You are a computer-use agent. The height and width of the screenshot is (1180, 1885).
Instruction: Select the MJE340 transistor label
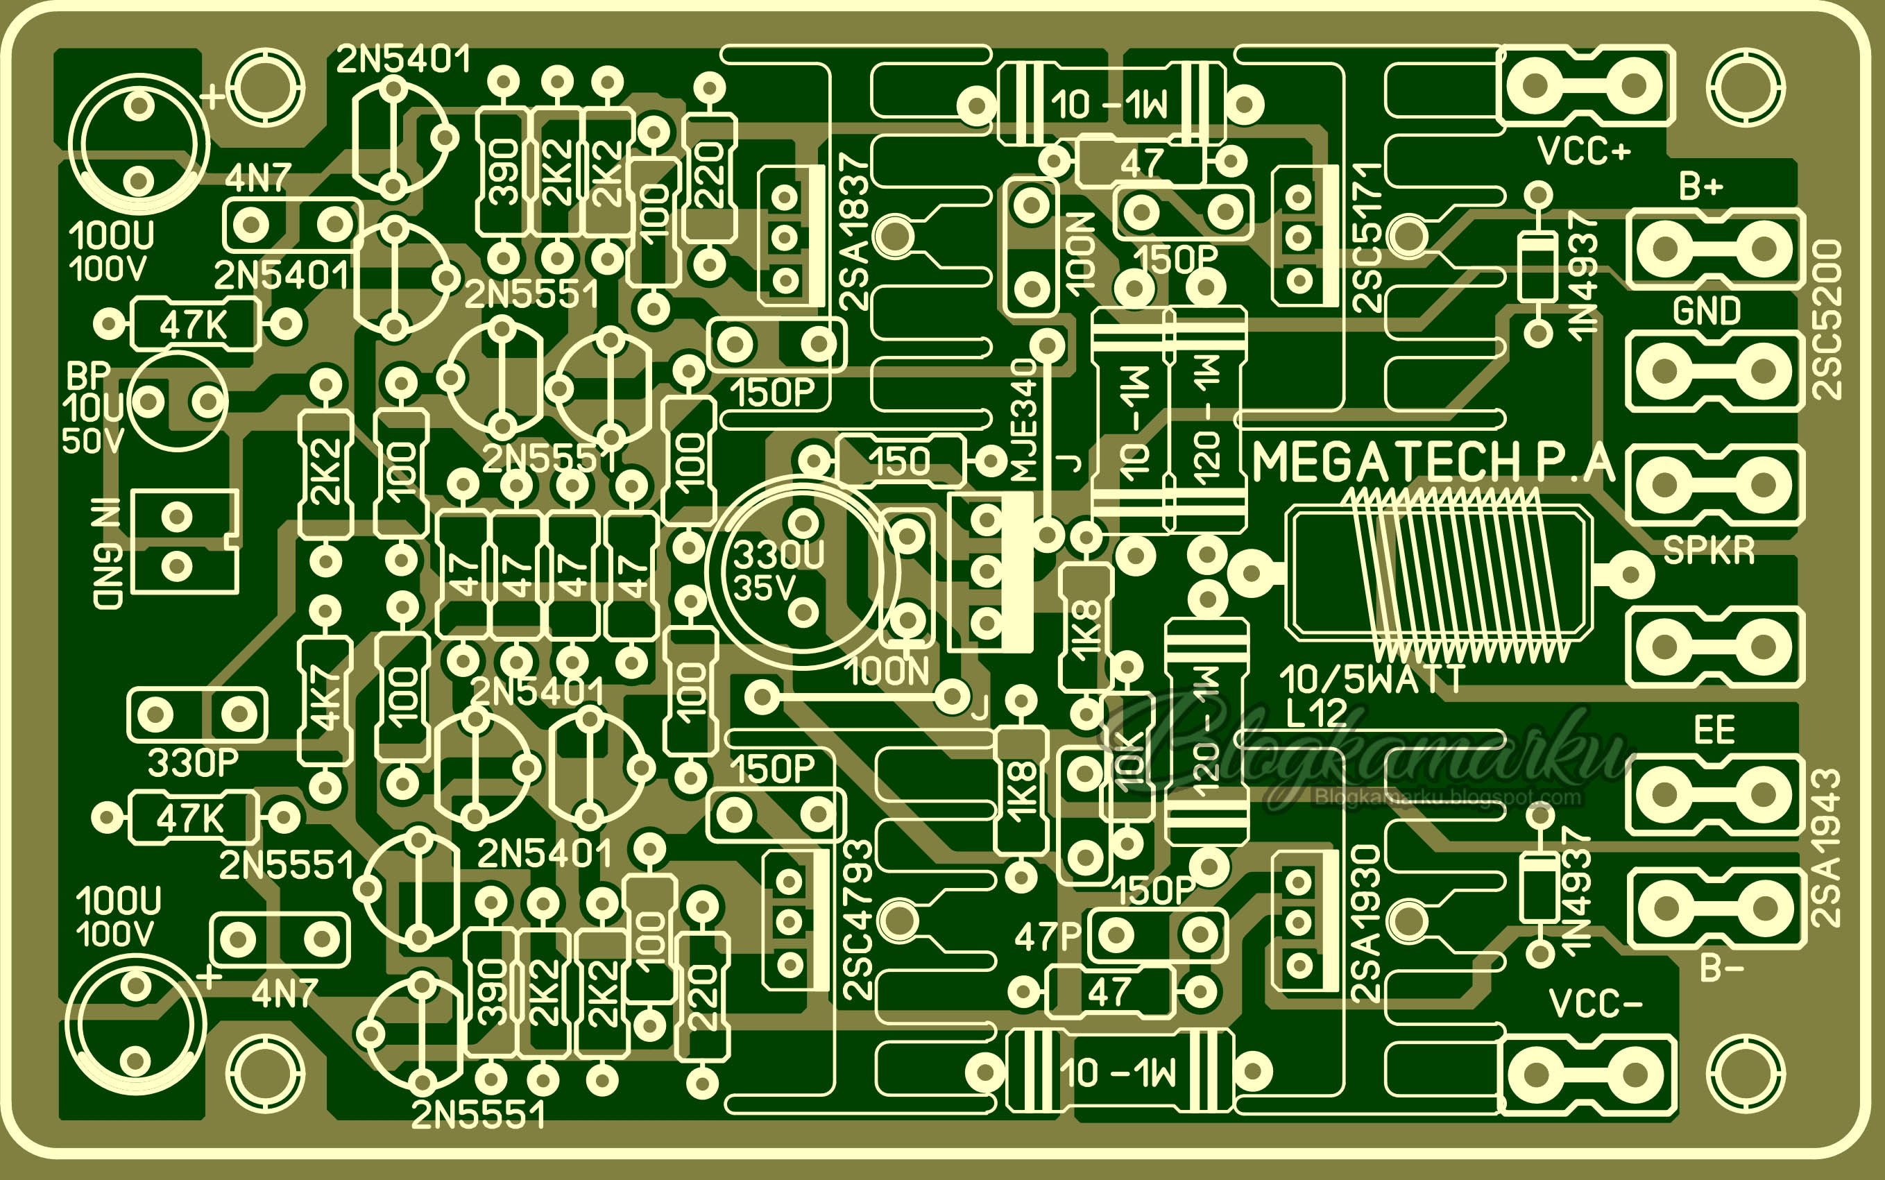click(1023, 422)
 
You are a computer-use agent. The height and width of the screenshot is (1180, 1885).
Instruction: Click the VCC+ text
click(1584, 151)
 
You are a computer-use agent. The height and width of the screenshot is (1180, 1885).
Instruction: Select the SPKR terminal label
click(1709, 550)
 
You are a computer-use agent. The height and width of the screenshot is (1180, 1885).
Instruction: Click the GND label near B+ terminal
click(1706, 311)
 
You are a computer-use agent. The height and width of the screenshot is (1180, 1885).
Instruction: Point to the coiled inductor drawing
click(1440, 574)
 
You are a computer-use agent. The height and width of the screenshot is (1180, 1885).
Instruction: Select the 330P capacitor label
click(193, 762)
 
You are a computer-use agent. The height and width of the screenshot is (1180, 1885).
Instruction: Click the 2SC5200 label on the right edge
click(1827, 320)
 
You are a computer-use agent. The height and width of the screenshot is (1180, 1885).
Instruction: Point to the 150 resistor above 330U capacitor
click(901, 462)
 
